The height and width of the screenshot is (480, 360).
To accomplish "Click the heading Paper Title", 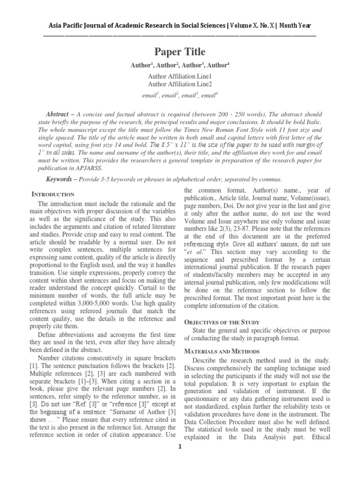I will (180, 52).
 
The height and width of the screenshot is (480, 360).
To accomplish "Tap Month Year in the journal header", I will (298, 26).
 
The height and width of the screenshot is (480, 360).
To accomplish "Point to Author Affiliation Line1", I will (180, 76).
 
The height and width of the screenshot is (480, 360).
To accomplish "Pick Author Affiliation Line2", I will (180, 84).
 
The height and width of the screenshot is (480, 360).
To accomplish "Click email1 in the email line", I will (150, 95).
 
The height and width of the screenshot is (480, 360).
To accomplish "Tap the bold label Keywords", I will (60, 180).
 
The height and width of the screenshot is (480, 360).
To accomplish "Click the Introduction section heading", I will (52, 194).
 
